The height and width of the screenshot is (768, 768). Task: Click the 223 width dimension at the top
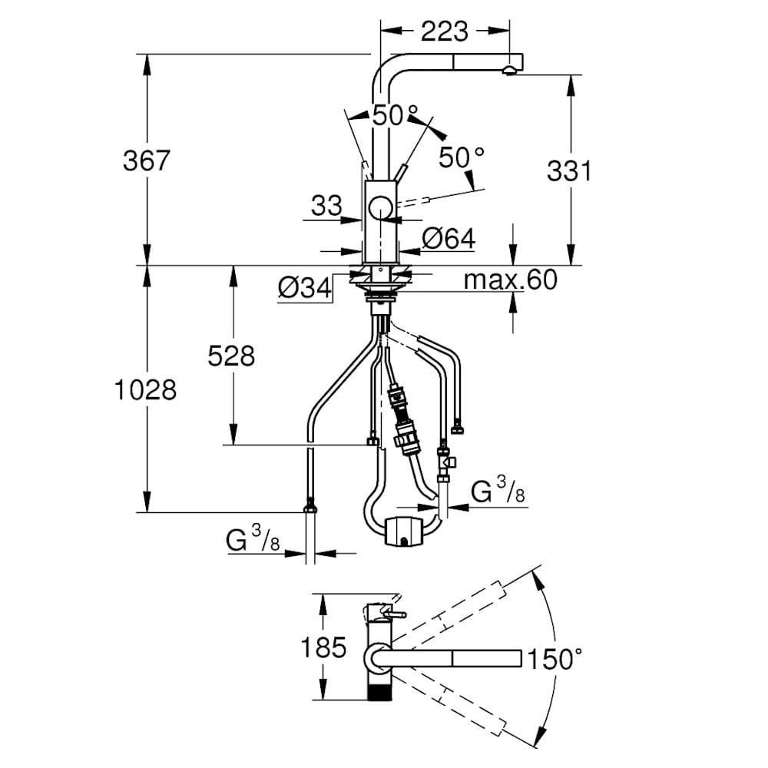444,31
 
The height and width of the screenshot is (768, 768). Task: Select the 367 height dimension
146,161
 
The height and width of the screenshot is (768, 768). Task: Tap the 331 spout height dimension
569,171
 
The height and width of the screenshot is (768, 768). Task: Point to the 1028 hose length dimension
145,390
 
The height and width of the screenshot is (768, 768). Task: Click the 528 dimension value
231,356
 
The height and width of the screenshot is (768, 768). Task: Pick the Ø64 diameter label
449,239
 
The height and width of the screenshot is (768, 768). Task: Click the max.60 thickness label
511,280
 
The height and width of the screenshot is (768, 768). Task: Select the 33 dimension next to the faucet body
326,205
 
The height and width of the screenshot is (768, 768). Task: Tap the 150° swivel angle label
554,658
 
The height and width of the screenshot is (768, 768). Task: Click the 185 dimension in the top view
323,647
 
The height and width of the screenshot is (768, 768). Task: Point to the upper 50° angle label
396,116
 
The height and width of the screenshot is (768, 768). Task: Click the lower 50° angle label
462,157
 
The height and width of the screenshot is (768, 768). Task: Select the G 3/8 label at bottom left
253,540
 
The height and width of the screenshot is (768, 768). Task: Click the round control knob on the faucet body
381,207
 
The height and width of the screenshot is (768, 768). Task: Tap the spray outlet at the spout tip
509,71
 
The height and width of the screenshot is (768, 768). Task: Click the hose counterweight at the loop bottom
403,531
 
